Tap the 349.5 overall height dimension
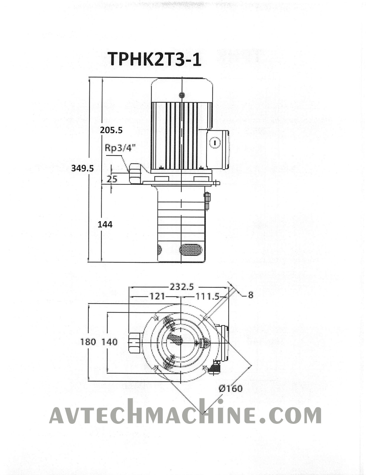[x=82, y=168]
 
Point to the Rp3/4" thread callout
[x=120, y=148]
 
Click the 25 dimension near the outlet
[x=112, y=179]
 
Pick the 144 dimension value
[x=105, y=224]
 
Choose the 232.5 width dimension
[x=182, y=286]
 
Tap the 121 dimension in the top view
[x=157, y=296]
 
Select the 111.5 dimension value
[x=207, y=297]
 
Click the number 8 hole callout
[x=250, y=295]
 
